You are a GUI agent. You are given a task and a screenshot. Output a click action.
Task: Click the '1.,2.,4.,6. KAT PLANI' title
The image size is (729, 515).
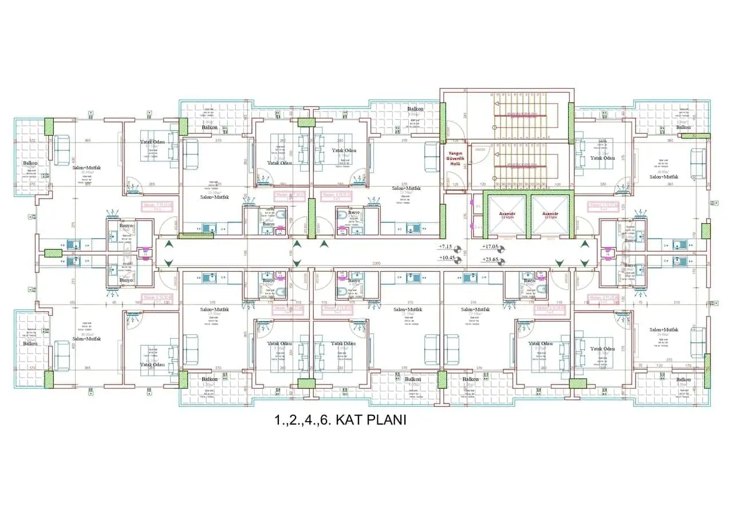click(340, 420)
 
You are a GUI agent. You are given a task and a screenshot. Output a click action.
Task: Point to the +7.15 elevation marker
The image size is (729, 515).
click(446, 247)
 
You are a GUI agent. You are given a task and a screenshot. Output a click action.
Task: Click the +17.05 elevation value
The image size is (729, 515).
click(491, 247)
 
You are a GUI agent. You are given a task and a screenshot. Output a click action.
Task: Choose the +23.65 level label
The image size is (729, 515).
click(491, 260)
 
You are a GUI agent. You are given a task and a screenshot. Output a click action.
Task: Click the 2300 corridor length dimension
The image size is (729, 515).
click(376, 263)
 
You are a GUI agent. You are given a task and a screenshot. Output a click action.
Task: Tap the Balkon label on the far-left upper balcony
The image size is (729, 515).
click(30, 163)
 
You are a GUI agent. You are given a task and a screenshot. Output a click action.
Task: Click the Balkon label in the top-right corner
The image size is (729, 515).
click(683, 128)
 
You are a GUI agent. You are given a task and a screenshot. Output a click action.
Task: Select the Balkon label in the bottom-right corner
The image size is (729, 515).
click(683, 379)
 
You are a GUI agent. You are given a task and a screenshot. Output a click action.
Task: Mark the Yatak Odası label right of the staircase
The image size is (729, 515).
click(603, 158)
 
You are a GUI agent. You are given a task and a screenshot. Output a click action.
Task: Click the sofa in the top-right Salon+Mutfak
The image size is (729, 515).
click(698, 163)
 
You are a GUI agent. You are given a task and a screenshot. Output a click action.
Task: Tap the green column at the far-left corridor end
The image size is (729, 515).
click(53, 253)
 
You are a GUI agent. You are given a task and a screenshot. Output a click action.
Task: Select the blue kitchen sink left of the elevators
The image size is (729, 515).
click(413, 228)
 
